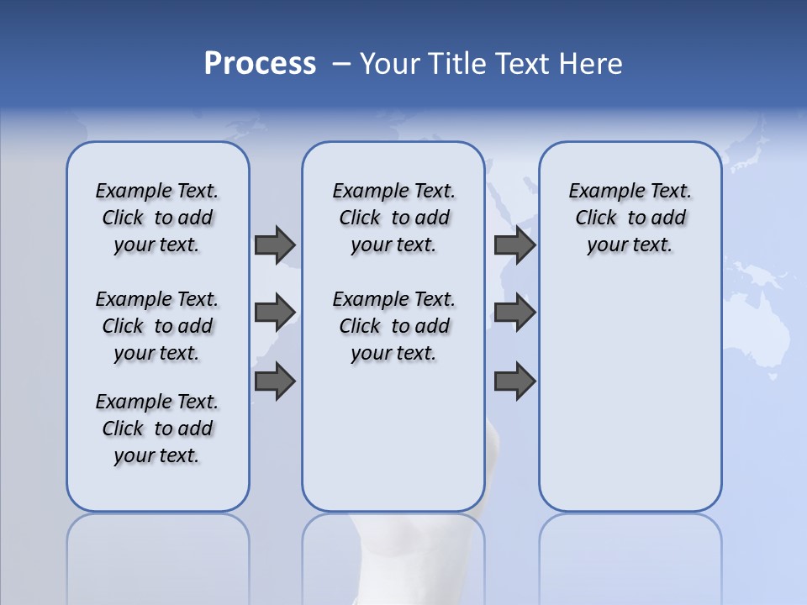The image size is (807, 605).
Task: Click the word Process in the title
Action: (260, 64)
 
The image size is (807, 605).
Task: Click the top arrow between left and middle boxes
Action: (275, 245)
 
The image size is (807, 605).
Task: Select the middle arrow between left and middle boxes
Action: (275, 313)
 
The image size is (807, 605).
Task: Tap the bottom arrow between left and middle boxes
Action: (275, 381)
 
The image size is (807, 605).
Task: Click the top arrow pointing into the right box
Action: (514, 245)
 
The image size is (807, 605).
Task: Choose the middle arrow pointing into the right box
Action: (514, 313)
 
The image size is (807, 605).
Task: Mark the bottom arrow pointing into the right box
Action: (514, 381)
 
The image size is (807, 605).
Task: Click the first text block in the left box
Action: (157, 218)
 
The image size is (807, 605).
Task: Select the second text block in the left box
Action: (157, 326)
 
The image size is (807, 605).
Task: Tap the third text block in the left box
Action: (157, 429)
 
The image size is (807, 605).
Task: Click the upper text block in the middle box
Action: (394, 218)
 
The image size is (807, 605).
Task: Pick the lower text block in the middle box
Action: (394, 326)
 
